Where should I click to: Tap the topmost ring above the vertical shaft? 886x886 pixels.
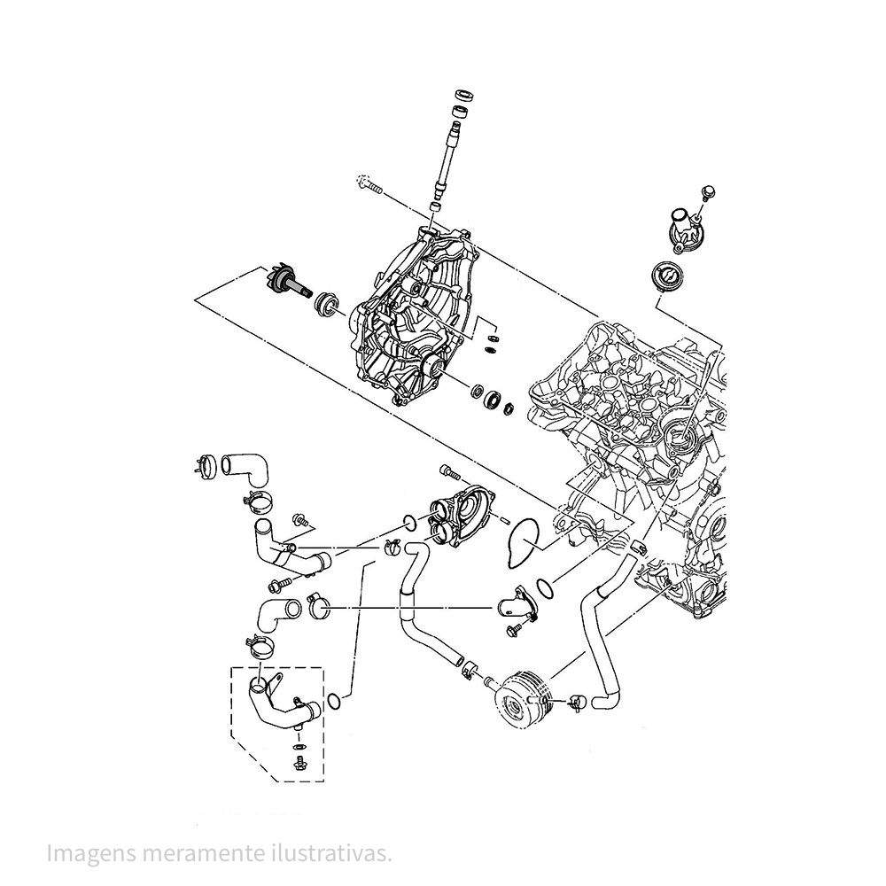pyautogui.click(x=462, y=94)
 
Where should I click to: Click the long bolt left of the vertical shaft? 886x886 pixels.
pyautogui.click(x=369, y=185)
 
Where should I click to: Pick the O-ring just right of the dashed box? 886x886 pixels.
pyautogui.click(x=334, y=703)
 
